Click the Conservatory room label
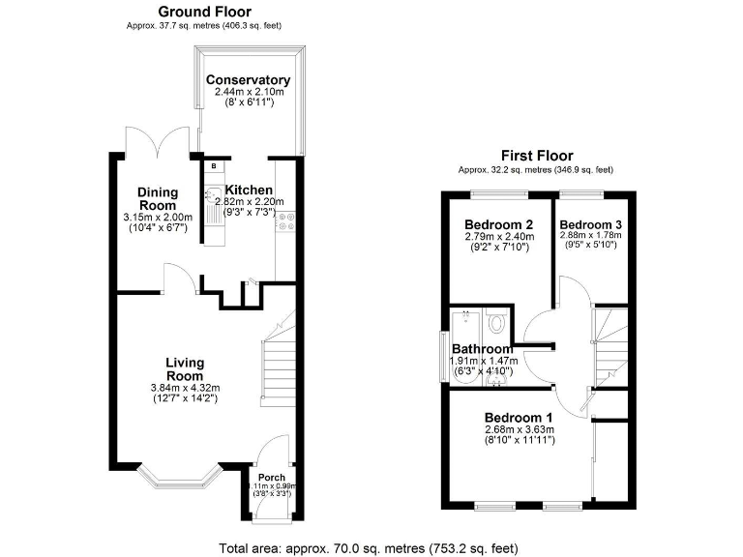tap(249, 79)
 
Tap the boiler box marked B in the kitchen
tap(211, 166)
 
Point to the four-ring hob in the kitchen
tap(285, 223)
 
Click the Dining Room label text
tap(157, 199)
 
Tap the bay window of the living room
tap(176, 475)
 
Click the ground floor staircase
tap(278, 367)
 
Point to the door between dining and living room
tap(178, 282)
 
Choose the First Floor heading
tap(536, 156)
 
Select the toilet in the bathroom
tap(495, 321)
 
